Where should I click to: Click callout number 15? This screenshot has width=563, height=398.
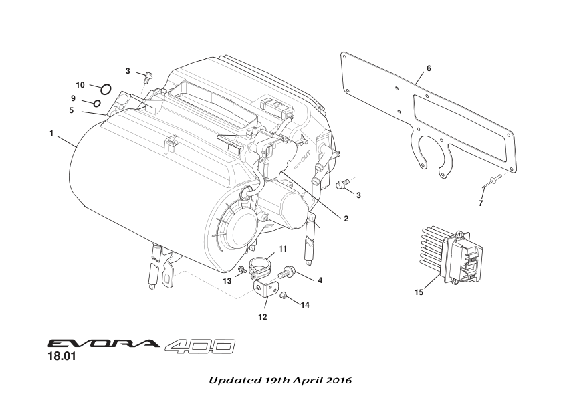click(x=419, y=292)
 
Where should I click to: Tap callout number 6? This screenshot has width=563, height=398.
click(x=429, y=68)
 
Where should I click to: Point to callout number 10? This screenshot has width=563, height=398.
click(x=80, y=85)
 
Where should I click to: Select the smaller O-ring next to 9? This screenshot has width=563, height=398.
click(x=97, y=103)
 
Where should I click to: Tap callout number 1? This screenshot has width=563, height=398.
click(x=51, y=133)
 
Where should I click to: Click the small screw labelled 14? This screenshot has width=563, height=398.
click(x=284, y=296)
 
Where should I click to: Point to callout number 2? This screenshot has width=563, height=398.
click(x=346, y=218)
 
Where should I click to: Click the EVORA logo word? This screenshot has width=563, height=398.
click(x=103, y=345)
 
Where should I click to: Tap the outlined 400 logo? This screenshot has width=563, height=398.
click(x=199, y=346)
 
